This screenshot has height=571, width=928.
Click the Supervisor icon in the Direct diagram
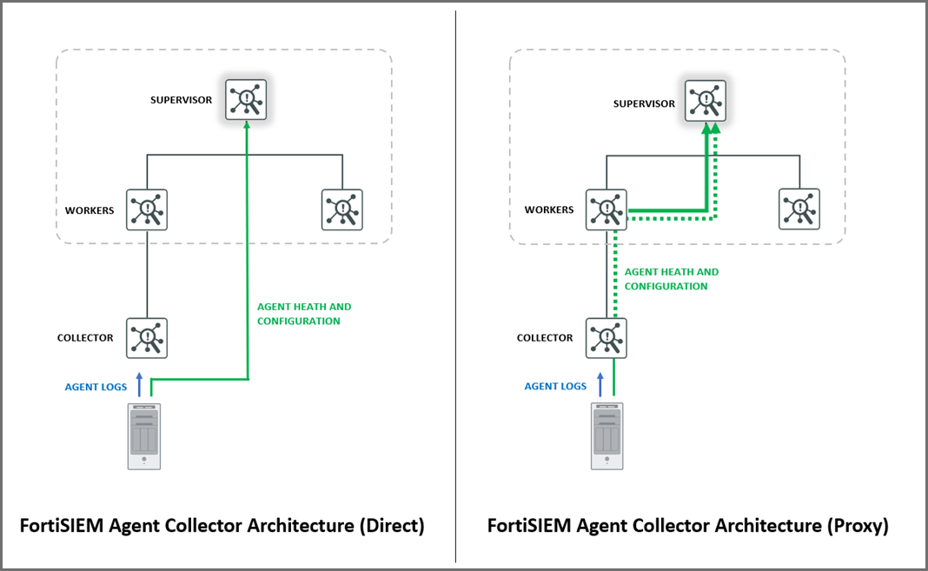pyautogui.click(x=246, y=100)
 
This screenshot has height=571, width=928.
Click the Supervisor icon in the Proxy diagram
pyautogui.click(x=706, y=100)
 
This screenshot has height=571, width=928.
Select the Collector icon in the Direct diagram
pyautogui.click(x=147, y=338)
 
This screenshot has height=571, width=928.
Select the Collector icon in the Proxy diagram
pyautogui.click(x=607, y=338)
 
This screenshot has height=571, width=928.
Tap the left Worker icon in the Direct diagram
pyautogui.click(x=147, y=209)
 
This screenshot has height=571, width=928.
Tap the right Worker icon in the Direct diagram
pyautogui.click(x=342, y=209)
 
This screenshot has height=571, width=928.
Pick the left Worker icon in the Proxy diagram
pyautogui.click(x=607, y=209)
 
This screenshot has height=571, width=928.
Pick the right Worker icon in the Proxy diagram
pyautogui.click(x=799, y=209)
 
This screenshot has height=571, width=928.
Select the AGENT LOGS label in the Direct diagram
pyautogui.click(x=96, y=387)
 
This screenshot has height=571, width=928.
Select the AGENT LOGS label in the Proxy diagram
pyautogui.click(x=555, y=387)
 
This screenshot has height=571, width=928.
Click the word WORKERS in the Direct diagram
pyautogui.click(x=89, y=210)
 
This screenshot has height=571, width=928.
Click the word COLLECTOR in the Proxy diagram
pyautogui.click(x=545, y=338)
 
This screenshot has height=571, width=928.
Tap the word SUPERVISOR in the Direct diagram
pyautogui.click(x=181, y=100)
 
